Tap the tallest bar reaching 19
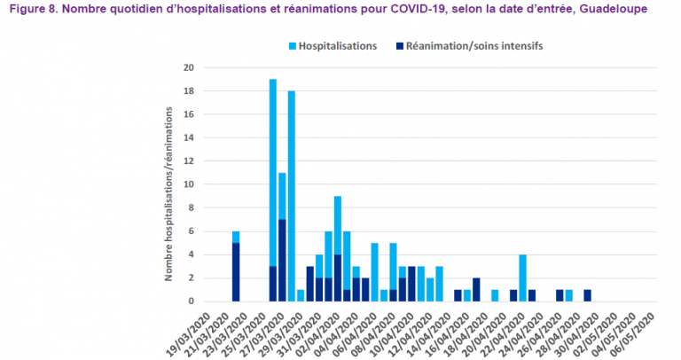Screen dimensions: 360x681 click(x=273, y=177)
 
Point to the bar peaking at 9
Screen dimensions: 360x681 click(x=338, y=231)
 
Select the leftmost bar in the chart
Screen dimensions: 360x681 click(x=236, y=266)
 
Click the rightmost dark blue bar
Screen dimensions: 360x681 click(x=587, y=295)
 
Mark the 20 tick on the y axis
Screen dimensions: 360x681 click(x=188, y=67)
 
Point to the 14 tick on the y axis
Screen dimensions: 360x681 click(x=188, y=137)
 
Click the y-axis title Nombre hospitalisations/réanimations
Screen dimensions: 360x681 click(x=168, y=191)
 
